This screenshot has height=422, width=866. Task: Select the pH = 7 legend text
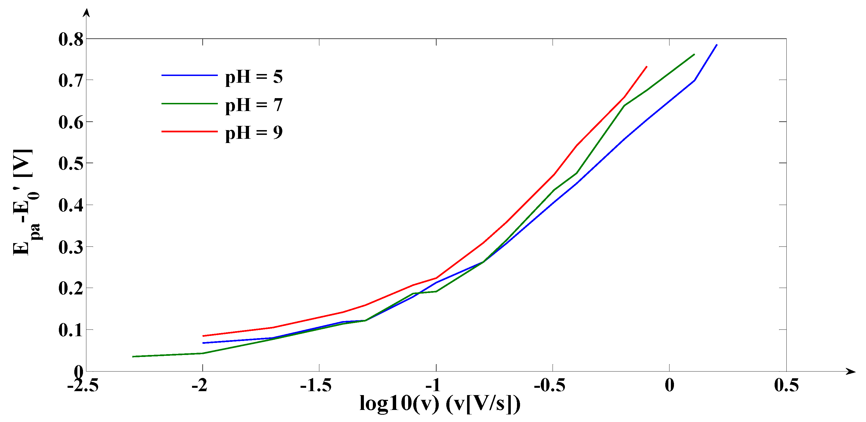tap(254, 105)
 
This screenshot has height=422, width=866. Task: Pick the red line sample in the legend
tap(189, 131)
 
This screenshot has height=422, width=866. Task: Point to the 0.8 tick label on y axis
tap(71, 39)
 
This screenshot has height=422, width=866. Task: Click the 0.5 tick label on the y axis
tap(71, 164)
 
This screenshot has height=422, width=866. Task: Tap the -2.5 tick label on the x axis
tap(83, 385)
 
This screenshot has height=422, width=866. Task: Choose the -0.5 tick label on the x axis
tap(549, 385)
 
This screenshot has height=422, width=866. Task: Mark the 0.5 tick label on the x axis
tap(786, 385)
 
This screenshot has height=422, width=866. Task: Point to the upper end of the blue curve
tap(717, 45)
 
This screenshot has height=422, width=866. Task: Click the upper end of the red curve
tap(646, 66)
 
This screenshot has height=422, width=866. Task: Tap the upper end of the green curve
tap(694, 54)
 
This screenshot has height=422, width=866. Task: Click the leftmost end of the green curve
tap(133, 356)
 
